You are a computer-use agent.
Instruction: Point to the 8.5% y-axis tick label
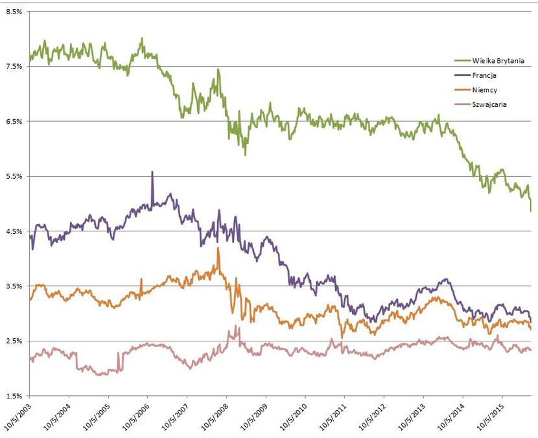pos(14,11)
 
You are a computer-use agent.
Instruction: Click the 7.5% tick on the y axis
pos(14,66)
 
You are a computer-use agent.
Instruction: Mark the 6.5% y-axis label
pos(14,121)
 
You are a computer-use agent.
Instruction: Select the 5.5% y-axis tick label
pos(14,176)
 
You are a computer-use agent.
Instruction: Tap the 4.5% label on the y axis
pos(14,231)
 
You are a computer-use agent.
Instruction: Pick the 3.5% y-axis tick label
pos(14,286)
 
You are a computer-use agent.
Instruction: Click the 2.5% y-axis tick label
pos(14,341)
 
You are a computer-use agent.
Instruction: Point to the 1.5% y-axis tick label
pos(14,396)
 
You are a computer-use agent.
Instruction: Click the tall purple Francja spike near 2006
pos(152,173)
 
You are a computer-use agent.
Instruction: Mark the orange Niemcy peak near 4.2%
pos(218,249)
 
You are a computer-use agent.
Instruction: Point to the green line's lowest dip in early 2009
pos(245,154)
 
